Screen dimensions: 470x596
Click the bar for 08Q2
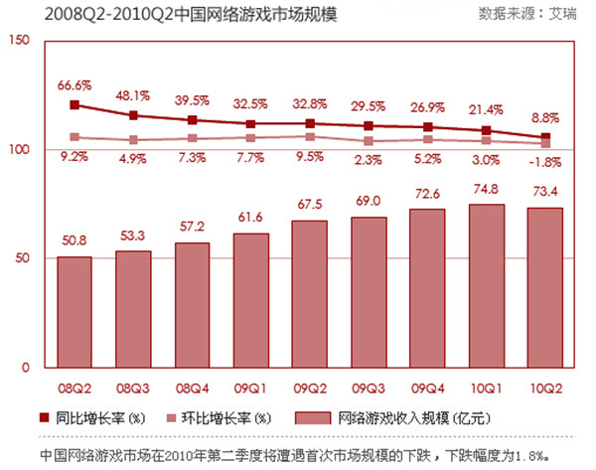pyautogui.click(x=74, y=312)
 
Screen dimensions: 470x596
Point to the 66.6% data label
pyautogui.click(x=74, y=85)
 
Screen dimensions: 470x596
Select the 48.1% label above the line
pyautogui.click(x=134, y=97)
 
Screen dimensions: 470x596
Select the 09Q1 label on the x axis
pyautogui.click(x=251, y=384)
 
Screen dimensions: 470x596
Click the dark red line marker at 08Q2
pyautogui.click(x=74, y=104)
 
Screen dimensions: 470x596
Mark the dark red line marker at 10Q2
pyautogui.click(x=545, y=137)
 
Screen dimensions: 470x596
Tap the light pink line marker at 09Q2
pyautogui.click(x=310, y=137)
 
